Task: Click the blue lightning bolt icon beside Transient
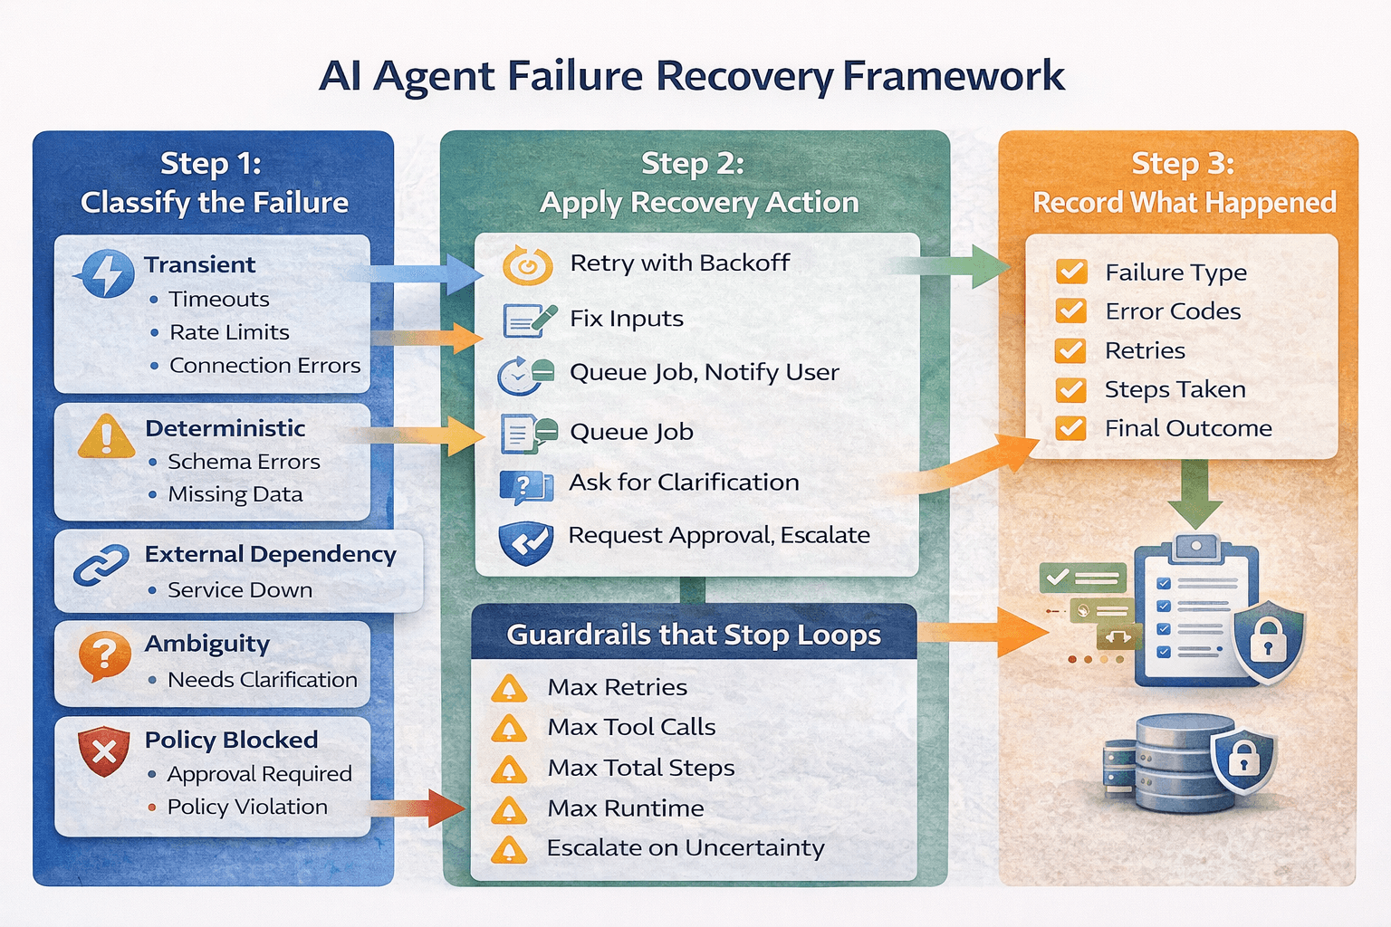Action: (108, 273)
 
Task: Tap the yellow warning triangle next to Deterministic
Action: (106, 436)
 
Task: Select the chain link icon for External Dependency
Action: (101, 566)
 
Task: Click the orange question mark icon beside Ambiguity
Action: (104, 654)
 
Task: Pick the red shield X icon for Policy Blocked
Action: (103, 750)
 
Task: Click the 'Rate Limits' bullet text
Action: (229, 332)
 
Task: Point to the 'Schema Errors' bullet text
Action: (244, 462)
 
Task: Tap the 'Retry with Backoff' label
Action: (679, 263)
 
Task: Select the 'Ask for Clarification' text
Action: (684, 483)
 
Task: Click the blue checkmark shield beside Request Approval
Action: (526, 542)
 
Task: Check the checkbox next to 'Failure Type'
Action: (1071, 272)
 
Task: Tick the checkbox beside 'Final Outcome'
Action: (1071, 427)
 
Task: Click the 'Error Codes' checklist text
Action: (1173, 311)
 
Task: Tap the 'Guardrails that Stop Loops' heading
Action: (693, 635)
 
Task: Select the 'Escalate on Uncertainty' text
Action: (686, 848)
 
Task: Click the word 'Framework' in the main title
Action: (953, 76)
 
